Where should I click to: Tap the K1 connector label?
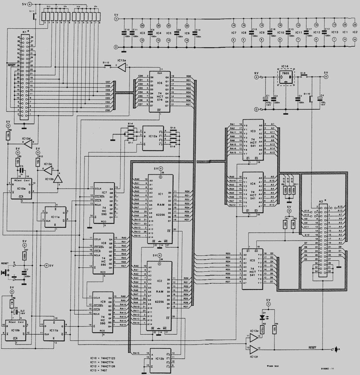click(25, 32)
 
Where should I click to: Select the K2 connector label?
click(321, 201)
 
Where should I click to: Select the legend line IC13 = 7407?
click(100, 371)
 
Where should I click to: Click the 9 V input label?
click(256, 73)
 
